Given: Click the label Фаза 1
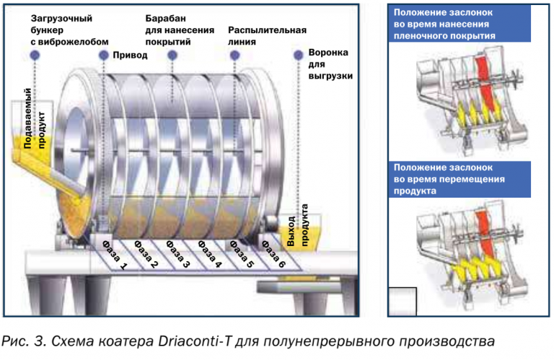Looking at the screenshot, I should tap(113, 252).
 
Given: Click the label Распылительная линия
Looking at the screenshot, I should tap(266, 36).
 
